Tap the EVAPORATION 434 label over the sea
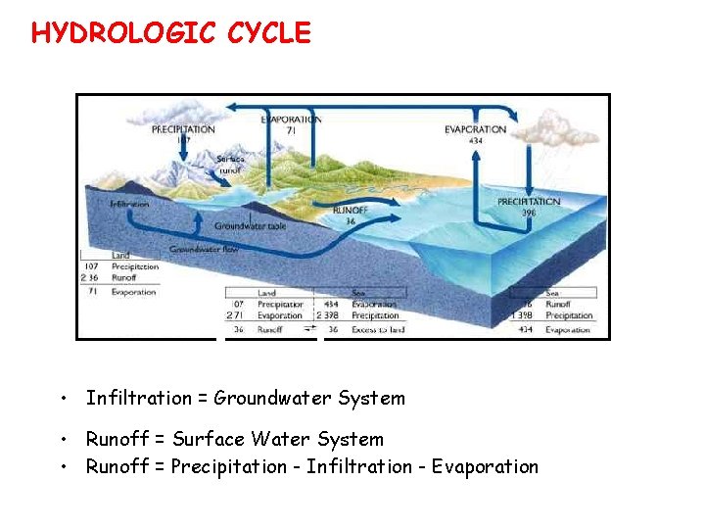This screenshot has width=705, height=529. pos(475,134)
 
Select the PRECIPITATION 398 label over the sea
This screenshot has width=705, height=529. pos(529,207)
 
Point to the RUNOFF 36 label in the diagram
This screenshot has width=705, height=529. pos(351,216)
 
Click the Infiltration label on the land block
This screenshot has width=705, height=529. pos(129,204)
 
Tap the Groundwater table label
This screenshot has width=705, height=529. pos(251,226)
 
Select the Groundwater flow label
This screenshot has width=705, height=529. pos(205,250)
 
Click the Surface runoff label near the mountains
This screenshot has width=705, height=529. pos(230,164)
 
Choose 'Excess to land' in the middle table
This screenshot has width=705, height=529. pos(376,330)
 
